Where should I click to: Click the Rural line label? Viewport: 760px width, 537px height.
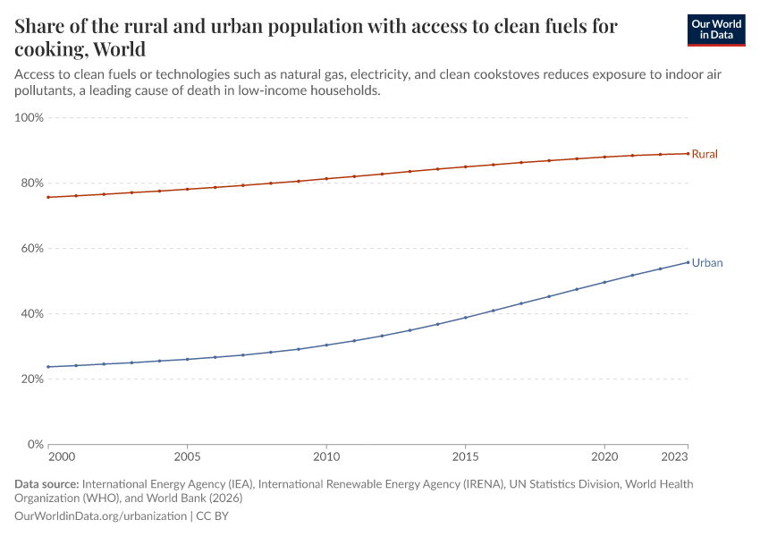point(705,154)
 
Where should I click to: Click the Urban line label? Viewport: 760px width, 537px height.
point(706,263)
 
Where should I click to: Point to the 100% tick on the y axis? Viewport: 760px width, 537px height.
point(30,117)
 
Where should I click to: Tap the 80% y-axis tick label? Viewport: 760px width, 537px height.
point(31,183)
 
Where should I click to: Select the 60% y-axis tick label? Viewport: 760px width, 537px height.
point(31,248)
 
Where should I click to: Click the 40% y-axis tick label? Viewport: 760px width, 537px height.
point(31,313)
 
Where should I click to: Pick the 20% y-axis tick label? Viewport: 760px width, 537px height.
point(31,379)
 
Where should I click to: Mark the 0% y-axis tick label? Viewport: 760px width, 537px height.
point(35,444)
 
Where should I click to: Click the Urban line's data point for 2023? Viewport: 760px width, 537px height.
point(688,262)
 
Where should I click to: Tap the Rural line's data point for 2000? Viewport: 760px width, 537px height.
point(48,197)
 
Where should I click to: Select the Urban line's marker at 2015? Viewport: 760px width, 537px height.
point(465,317)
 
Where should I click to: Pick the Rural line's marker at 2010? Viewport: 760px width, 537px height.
point(326,179)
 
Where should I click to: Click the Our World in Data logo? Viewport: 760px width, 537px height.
point(715,30)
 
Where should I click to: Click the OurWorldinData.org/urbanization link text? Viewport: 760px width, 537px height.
point(101,516)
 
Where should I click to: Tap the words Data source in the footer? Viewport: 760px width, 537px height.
point(46,484)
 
